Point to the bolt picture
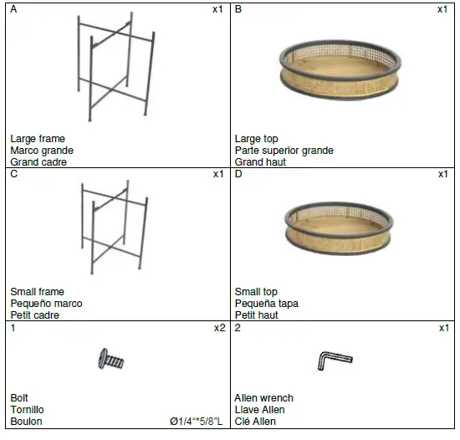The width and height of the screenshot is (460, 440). tap(111, 360)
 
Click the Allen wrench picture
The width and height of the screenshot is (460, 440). tap(335, 361)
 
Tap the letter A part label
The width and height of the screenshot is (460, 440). tap(14, 9)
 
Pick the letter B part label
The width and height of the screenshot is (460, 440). tap(239, 9)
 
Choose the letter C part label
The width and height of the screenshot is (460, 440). tap(14, 174)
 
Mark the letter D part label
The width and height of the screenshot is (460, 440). tap(239, 174)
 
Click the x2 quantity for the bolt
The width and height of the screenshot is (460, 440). tap(219, 328)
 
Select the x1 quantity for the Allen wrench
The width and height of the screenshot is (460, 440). tap(443, 328)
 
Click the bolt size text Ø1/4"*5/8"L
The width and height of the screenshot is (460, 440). tap(196, 422)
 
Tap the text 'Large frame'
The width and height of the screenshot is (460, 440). tap(38, 139)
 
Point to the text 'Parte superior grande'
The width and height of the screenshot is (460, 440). tap(284, 151)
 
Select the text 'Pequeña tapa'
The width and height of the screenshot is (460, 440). tap(266, 304)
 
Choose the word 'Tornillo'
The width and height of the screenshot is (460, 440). tap(28, 410)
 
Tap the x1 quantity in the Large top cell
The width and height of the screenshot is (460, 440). tap(443, 9)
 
